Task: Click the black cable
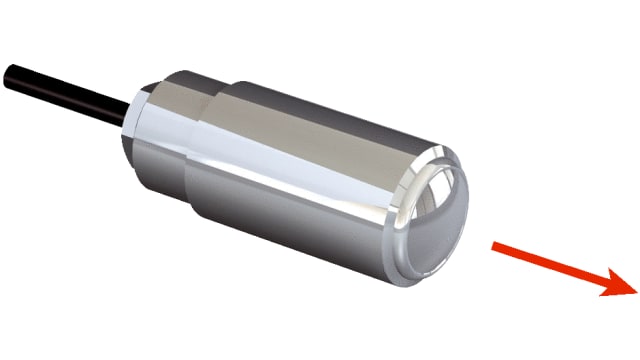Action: tap(60, 88)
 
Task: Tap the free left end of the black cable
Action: tap(8, 72)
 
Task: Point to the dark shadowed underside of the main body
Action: tap(300, 240)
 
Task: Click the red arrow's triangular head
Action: tap(614, 283)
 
